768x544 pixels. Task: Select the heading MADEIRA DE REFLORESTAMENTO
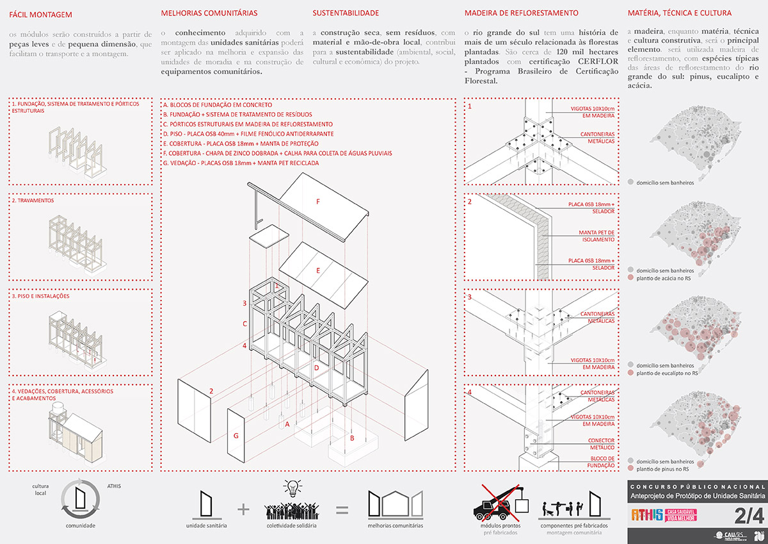[x=522, y=13]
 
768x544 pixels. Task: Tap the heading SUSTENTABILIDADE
[x=346, y=13]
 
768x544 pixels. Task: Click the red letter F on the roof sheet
[x=317, y=201]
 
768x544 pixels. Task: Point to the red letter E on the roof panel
[x=317, y=270]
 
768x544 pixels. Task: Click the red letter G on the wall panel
[x=236, y=436]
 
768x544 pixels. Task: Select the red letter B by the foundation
[x=351, y=438]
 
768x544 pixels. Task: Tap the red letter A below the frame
[x=287, y=424]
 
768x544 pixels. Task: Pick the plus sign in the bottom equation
[x=243, y=509]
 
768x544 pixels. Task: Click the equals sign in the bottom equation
[x=342, y=510]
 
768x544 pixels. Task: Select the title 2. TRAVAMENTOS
[x=33, y=200]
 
